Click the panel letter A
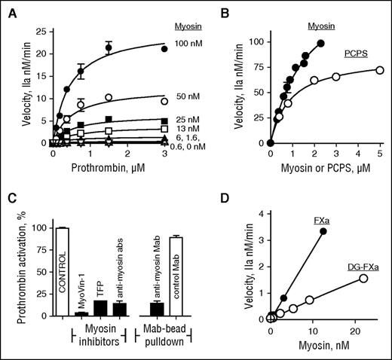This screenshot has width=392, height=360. coord(8,8)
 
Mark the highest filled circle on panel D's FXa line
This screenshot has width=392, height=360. coord(323,231)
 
